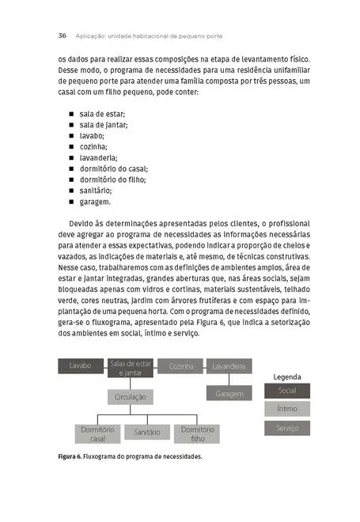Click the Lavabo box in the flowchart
81,366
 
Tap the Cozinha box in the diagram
181,366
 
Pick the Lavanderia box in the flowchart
229,366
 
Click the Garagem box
229,392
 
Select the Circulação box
131,395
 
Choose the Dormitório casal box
98,433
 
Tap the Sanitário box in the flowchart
147,432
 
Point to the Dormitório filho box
197,433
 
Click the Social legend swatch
287,391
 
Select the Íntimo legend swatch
287,409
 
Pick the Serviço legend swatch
287,428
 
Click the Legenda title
287,376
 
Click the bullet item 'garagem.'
95,202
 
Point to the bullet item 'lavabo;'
92,135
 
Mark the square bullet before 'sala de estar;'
71,114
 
